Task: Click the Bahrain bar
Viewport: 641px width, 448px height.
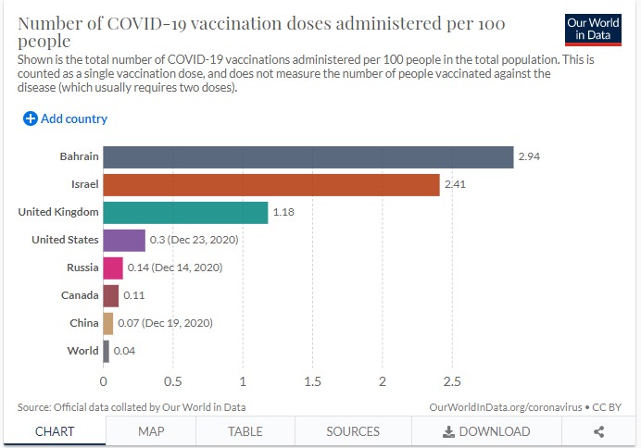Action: [308, 156]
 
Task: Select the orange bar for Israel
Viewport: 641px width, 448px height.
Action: [271, 184]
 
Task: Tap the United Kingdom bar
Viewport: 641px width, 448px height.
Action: [185, 212]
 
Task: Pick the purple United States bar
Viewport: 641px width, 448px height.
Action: [124, 240]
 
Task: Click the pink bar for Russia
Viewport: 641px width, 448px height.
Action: [113, 268]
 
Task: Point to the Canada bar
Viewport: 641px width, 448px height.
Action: [111, 295]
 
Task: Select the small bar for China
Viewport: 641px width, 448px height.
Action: [108, 323]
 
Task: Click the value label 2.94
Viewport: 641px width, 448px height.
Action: [529, 156]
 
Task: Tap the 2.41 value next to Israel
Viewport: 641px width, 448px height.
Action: [456, 184]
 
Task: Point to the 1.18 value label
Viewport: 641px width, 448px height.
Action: [283, 212]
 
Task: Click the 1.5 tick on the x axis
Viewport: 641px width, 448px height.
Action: [312, 380]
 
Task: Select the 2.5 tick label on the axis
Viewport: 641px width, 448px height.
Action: [452, 380]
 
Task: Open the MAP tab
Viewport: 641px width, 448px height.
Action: [151, 431]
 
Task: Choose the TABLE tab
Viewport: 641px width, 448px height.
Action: [245, 431]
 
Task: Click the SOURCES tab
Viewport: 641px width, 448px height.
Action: [353, 431]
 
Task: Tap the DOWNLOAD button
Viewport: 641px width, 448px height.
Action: [486, 431]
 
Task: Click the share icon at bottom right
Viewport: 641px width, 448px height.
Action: [598, 431]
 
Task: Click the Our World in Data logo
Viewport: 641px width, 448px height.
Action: [593, 29]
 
